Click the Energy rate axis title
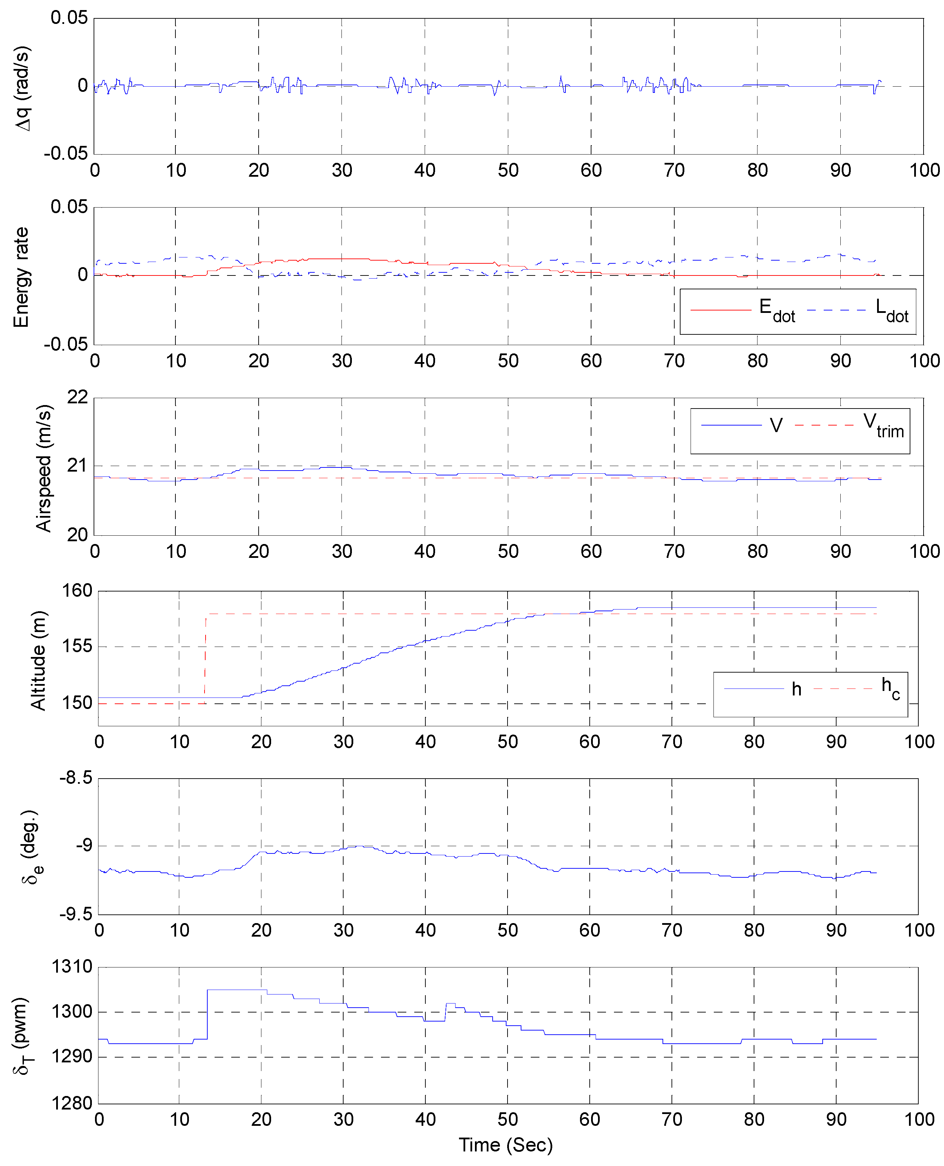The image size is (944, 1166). point(21,277)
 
